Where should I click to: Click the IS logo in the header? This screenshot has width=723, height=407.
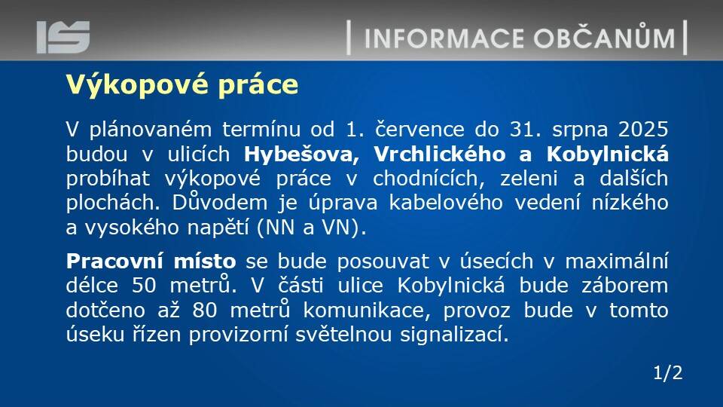tap(63, 37)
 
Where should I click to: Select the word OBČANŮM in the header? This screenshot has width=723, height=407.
tap(605, 37)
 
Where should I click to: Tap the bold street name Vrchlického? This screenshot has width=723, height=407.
tap(439, 154)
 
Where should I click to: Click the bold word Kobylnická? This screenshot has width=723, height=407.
tap(607, 154)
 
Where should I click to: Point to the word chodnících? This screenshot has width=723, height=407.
tap(429, 179)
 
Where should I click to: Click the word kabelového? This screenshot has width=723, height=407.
tap(445, 203)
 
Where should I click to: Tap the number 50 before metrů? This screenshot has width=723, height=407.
tap(145, 286)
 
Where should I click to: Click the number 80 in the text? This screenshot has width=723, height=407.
tap(205, 310)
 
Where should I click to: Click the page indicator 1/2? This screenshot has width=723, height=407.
tap(668, 373)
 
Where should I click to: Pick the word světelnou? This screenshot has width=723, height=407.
tap(343, 334)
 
